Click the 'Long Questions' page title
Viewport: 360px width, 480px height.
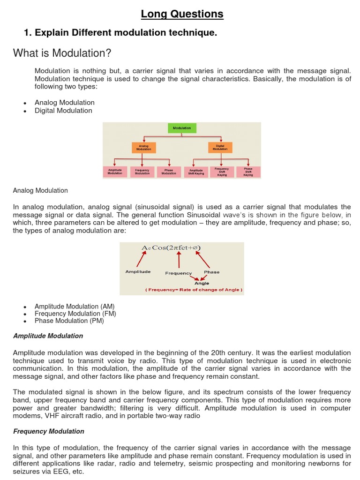[182, 15]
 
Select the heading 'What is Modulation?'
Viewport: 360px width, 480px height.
[62, 53]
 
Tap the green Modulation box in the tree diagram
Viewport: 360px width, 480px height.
[182, 128]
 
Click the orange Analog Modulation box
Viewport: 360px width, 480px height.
[143, 148]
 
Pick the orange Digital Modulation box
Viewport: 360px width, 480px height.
[220, 148]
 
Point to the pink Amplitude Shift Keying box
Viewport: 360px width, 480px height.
[196, 172]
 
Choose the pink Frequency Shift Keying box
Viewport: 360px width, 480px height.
[222, 172]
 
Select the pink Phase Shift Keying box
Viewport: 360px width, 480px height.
[248, 172]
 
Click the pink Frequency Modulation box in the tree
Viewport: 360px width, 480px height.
[142, 172]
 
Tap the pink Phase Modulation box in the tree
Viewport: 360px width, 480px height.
[169, 172]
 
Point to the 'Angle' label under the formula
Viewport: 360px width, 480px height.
[202, 283]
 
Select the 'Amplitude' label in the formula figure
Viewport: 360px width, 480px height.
[138, 272]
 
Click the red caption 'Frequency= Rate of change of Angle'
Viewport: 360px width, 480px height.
[194, 290]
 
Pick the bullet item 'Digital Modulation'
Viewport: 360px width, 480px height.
[63, 111]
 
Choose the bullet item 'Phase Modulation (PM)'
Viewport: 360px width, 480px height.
[69, 321]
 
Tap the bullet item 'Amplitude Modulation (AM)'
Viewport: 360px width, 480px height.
[75, 307]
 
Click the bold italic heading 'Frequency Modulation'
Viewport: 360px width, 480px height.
[49, 431]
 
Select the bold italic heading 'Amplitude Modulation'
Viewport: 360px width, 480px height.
[48, 336]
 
